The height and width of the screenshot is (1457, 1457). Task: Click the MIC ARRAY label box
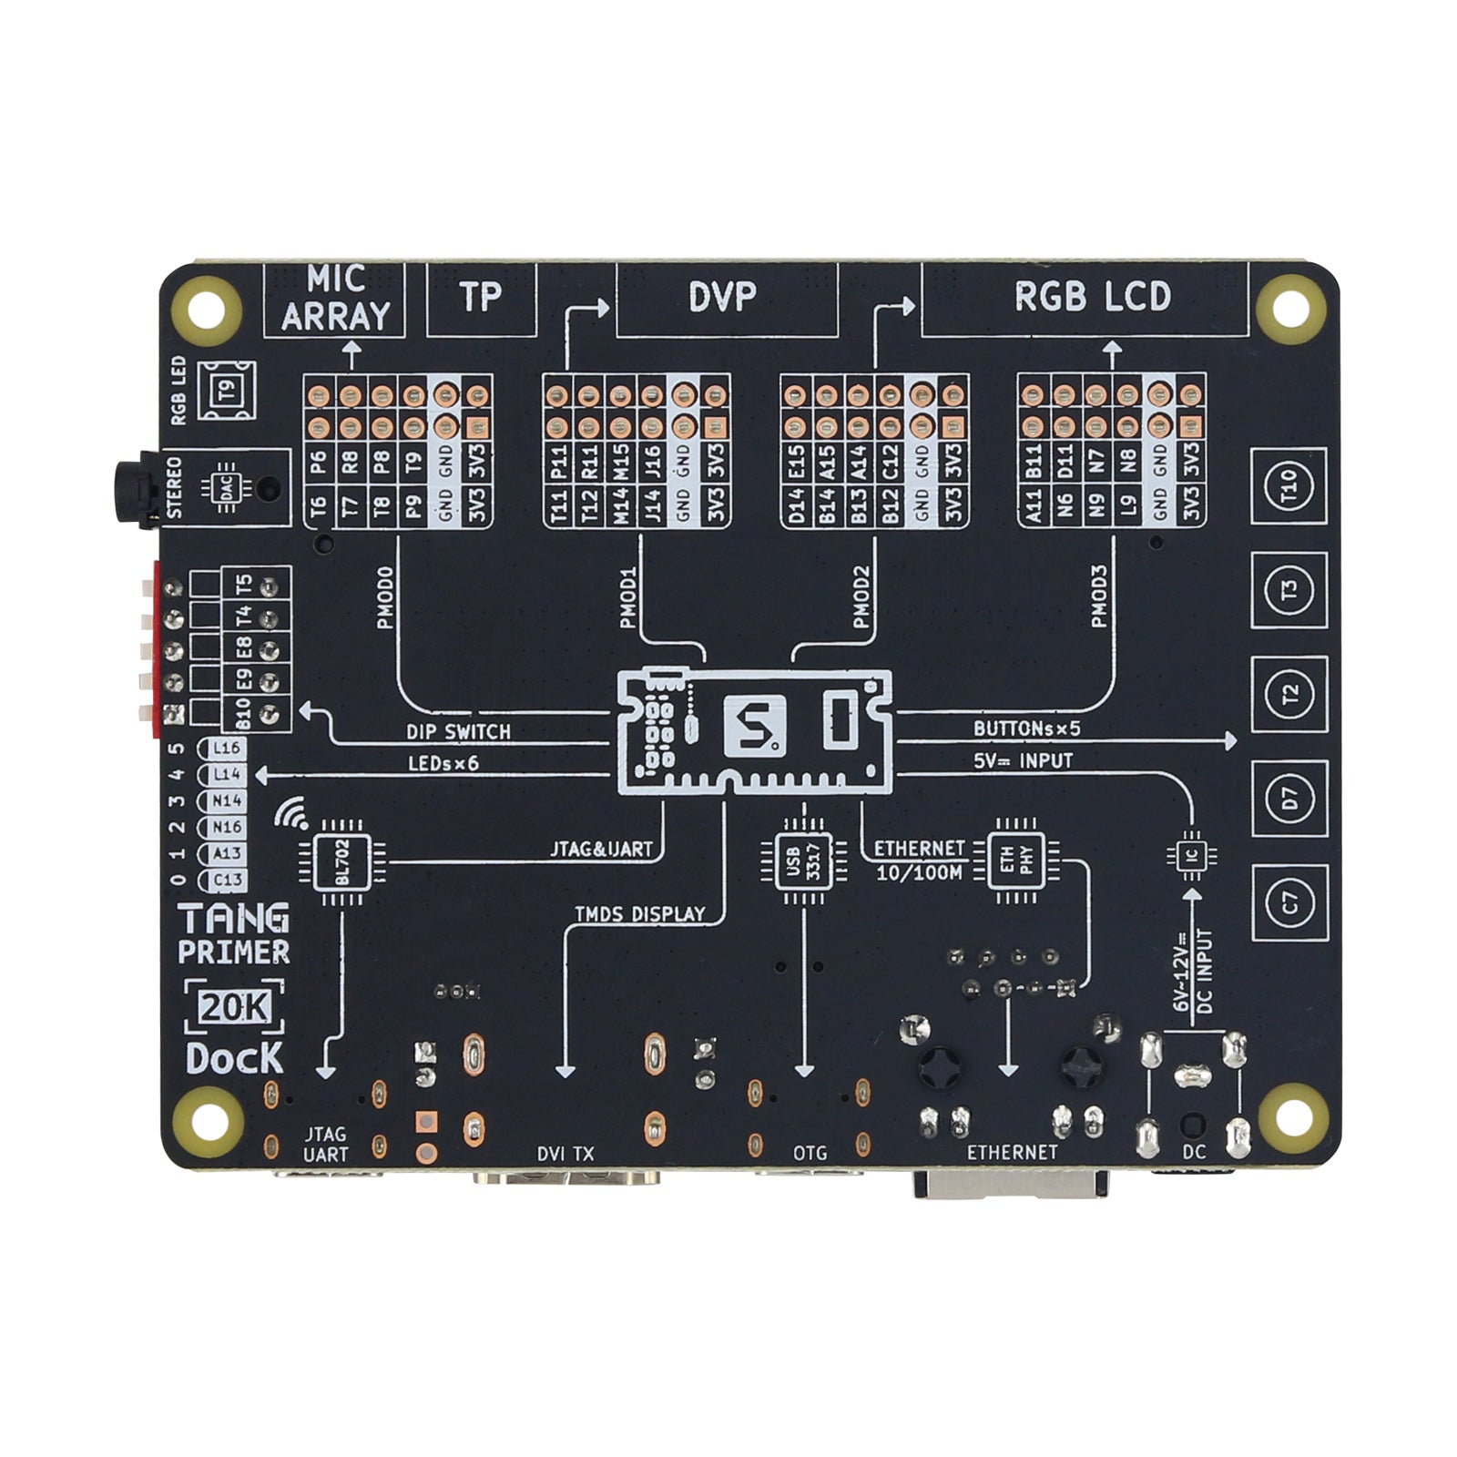(334, 300)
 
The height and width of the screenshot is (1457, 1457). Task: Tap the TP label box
(481, 300)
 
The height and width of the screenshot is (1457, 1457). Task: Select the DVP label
(722, 297)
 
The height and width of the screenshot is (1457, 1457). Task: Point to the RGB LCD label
(1092, 297)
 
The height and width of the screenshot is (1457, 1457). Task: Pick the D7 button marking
(1289, 799)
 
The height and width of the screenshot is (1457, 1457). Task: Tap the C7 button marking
(1289, 902)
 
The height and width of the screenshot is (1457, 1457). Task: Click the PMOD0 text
(385, 597)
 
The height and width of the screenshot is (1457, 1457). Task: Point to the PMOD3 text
(1099, 597)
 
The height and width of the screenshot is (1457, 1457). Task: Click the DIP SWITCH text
(458, 731)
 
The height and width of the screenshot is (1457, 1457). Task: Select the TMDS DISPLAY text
(640, 913)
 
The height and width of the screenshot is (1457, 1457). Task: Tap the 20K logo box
(234, 1007)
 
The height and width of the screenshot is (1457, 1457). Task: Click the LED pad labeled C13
(226, 880)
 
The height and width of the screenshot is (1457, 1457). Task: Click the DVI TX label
(565, 1154)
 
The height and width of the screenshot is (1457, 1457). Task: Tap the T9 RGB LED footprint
(229, 390)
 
